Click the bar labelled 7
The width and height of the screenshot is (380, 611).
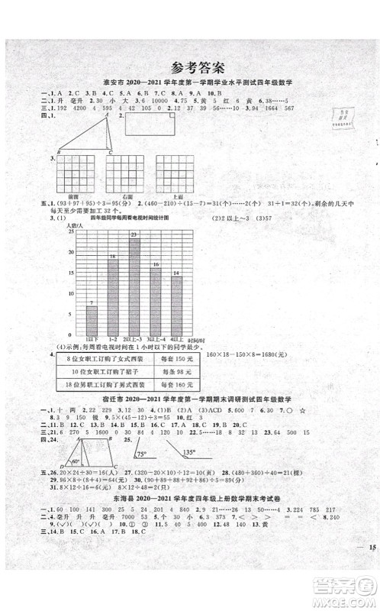[92, 318]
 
